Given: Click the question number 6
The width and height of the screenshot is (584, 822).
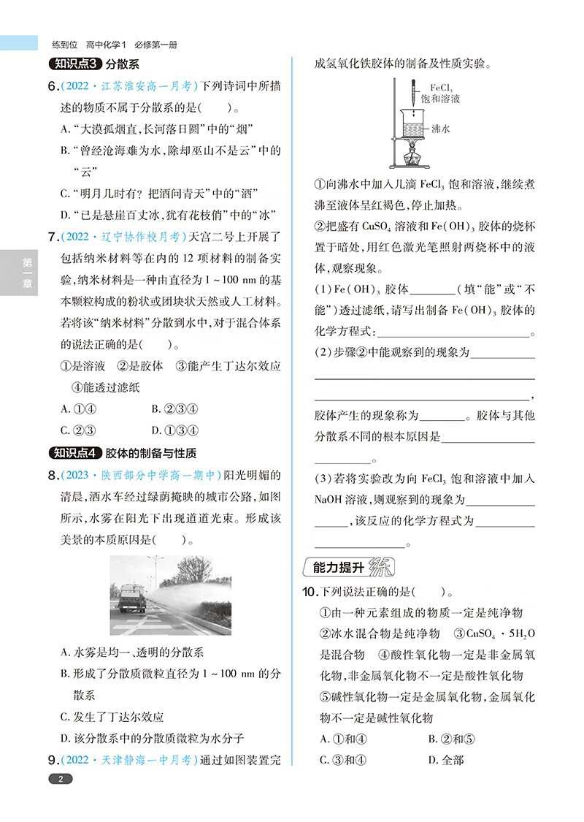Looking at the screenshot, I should click(52, 88).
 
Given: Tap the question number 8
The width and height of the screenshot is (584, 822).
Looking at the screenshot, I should click(52, 476).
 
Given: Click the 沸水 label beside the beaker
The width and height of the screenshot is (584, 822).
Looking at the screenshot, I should click(440, 129).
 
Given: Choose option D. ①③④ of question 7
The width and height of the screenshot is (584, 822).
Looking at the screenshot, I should click(175, 430).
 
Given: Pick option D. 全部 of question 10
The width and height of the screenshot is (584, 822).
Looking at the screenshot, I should click(446, 760).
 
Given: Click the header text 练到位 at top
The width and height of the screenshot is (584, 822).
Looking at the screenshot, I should click(64, 43).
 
